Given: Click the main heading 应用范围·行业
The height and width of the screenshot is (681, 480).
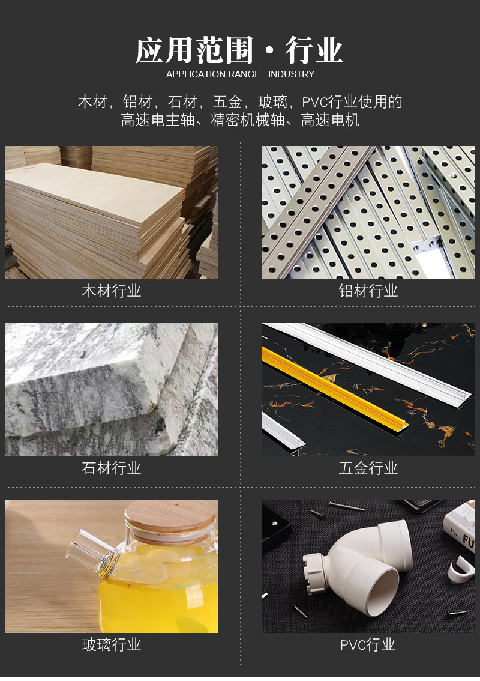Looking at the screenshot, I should click(239, 50).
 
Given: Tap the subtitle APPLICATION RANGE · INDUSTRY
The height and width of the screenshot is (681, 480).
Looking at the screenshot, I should click(240, 74).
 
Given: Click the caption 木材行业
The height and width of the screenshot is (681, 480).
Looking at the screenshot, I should click(112, 291).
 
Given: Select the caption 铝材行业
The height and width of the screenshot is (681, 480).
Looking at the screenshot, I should click(368, 291).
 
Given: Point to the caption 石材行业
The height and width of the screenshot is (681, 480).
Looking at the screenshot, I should click(112, 468).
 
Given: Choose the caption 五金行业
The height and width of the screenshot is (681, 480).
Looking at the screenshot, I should click(368, 468).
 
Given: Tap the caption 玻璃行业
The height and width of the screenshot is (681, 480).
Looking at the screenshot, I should click(112, 645).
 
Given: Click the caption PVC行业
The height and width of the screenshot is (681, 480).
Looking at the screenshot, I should click(368, 645).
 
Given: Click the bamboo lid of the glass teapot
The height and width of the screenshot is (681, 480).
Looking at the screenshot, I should click(170, 520).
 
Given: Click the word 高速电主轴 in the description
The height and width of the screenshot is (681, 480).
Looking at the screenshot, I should click(158, 120).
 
